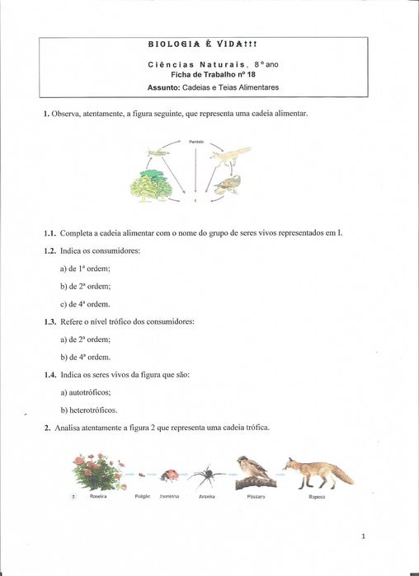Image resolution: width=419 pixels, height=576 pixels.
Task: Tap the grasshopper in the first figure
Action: click(x=158, y=152)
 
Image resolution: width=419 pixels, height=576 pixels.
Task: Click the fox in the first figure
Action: click(x=233, y=154)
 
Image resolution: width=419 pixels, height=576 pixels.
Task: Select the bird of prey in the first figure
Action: click(x=230, y=183)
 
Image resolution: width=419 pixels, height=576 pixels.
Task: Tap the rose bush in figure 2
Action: click(x=98, y=472)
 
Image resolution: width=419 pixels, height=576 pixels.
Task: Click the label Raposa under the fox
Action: click(x=317, y=497)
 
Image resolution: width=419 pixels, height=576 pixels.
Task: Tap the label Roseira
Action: click(x=97, y=497)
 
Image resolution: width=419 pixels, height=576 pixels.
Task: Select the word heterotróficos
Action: click(x=95, y=410)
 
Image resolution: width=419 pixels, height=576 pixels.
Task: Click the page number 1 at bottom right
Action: click(x=362, y=536)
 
